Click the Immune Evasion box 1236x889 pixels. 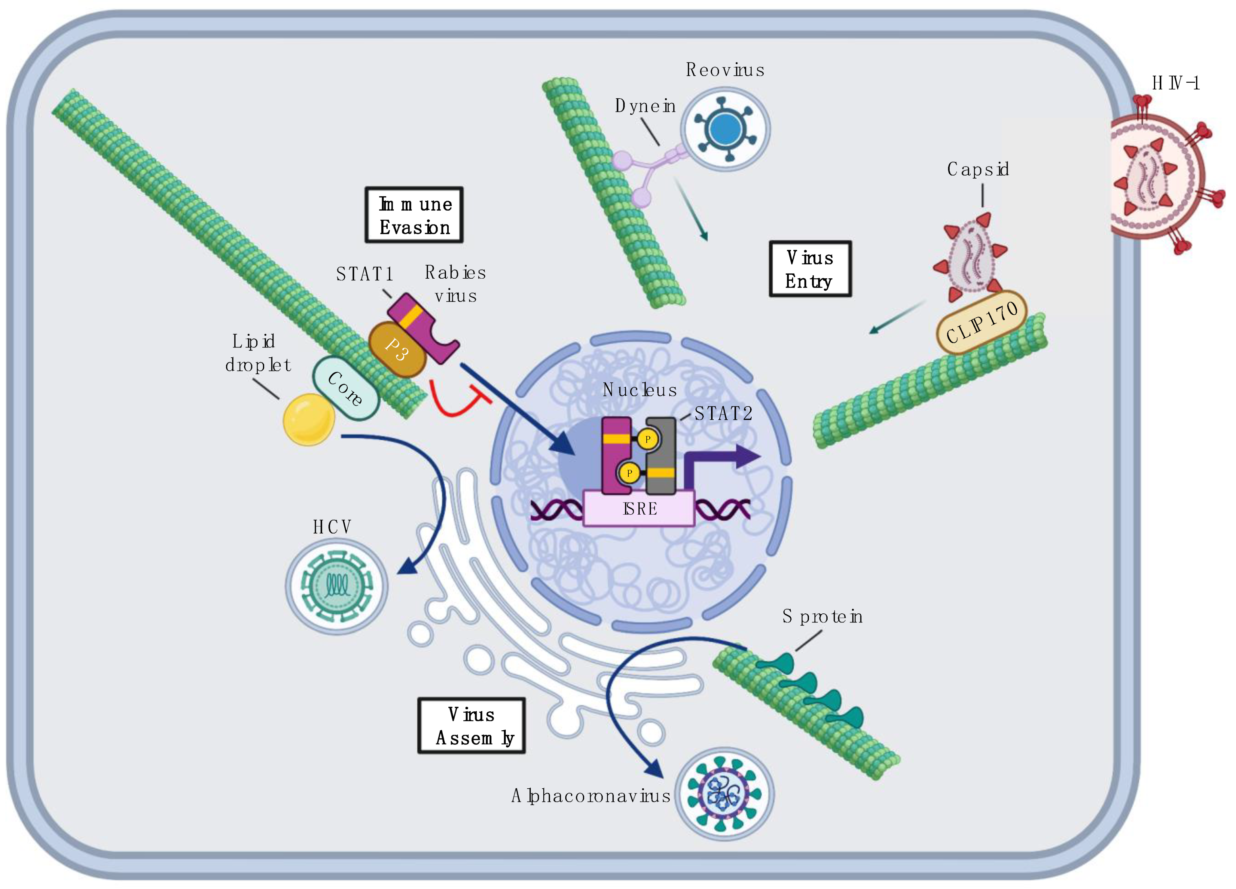tap(413, 215)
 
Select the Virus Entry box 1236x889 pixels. tap(810, 269)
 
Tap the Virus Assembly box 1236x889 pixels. tap(471, 726)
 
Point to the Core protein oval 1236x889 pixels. tap(345, 388)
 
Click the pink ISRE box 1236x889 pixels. tap(639, 509)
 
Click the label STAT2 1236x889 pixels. tap(723, 414)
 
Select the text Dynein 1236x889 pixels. tap(645, 106)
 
